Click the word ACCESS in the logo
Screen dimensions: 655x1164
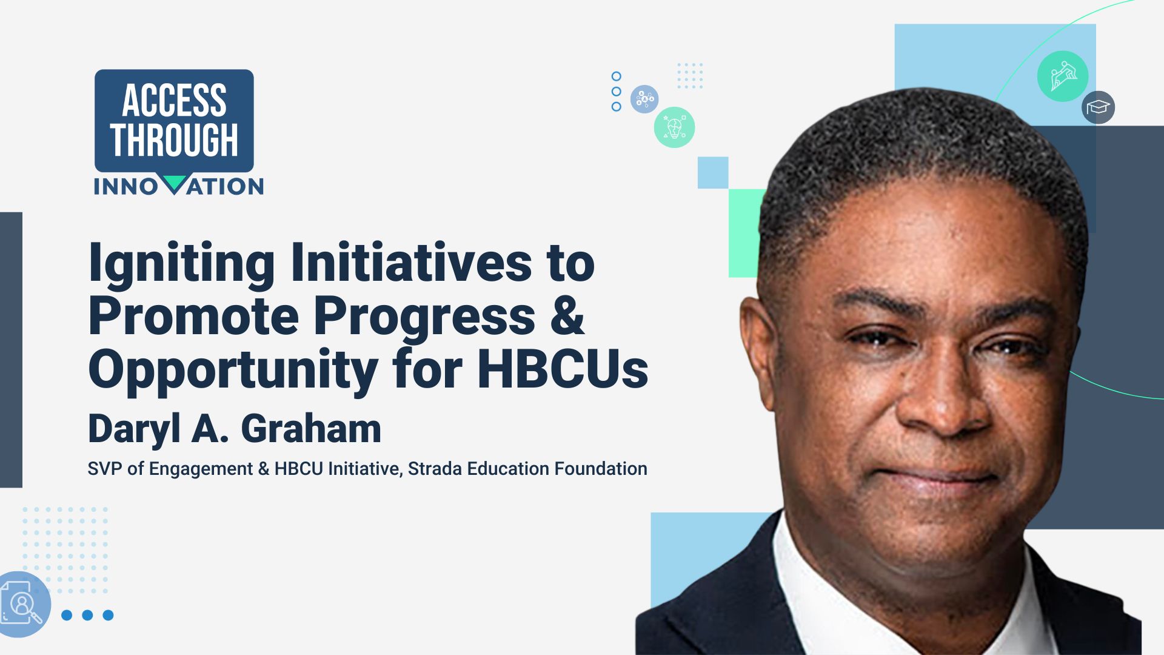[x=174, y=101]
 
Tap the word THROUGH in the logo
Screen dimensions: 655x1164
[x=174, y=140]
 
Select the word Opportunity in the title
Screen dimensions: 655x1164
[x=233, y=370]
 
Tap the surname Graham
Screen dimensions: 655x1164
[x=311, y=429]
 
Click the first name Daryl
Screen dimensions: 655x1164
[x=135, y=429]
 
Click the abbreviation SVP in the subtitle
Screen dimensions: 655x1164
[x=104, y=469]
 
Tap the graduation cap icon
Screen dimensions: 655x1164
[x=1098, y=108]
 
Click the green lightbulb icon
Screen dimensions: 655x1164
[x=674, y=127]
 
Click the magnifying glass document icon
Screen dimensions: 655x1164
[x=23, y=604]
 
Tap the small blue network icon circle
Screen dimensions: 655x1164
[x=644, y=99]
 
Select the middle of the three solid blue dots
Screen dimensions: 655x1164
[x=87, y=615]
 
